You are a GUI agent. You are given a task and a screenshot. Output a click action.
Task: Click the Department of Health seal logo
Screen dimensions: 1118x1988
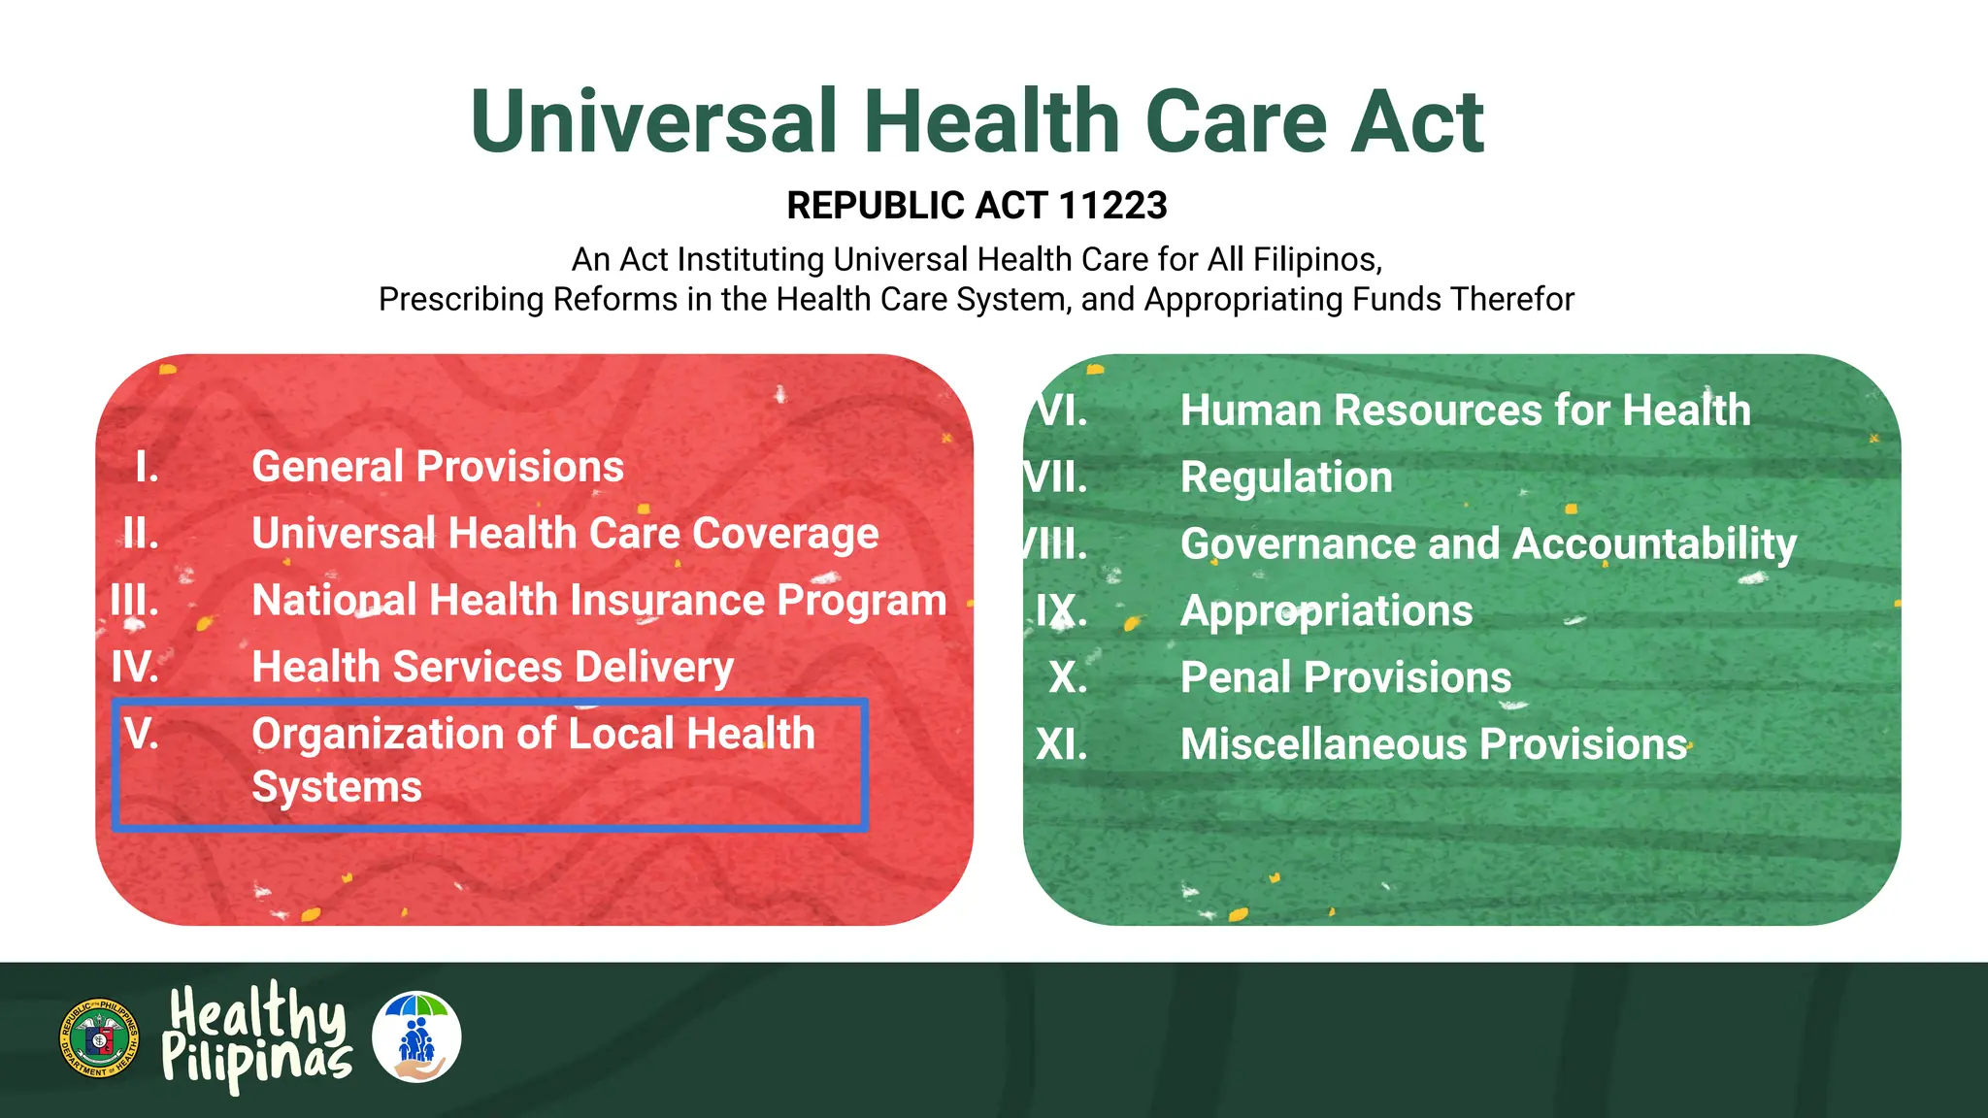tap(99, 1038)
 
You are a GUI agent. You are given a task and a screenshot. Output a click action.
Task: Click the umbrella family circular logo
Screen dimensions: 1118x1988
tap(416, 1037)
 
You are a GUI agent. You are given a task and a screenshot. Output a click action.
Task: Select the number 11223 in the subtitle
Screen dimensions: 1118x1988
tap(1112, 206)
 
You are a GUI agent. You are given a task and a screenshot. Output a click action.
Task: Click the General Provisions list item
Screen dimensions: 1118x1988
tap(437, 467)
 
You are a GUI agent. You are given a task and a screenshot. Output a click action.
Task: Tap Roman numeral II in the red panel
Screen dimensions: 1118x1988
tap(142, 534)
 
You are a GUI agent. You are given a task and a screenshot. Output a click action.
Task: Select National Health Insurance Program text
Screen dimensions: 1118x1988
tap(599, 601)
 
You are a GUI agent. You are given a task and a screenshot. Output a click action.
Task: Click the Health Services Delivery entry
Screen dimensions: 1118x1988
tap(492, 668)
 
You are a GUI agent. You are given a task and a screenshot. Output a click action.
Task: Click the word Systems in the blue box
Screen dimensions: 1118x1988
tap(337, 787)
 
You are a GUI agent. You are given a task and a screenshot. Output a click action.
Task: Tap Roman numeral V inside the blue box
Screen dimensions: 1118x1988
tap(142, 735)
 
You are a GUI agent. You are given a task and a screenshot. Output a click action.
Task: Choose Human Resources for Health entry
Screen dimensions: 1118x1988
tap(1465, 411)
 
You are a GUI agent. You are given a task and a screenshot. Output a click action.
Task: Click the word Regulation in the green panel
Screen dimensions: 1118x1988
tap(1286, 477)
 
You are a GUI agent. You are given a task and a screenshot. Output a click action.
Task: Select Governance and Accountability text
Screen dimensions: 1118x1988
tap(1488, 544)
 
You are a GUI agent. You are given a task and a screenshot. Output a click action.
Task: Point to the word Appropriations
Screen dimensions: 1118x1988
tap(1326, 611)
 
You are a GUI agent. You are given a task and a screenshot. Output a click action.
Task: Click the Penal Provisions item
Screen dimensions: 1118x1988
tap(1345, 677)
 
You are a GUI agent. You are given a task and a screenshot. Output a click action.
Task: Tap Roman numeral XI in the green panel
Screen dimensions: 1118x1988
tap(1062, 745)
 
